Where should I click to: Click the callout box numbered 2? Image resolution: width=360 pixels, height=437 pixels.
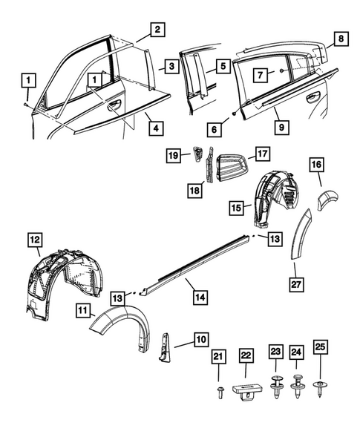click(x=156, y=30)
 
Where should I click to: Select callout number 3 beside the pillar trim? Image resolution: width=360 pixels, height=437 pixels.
click(x=171, y=66)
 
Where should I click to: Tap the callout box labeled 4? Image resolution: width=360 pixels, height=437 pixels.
click(x=156, y=126)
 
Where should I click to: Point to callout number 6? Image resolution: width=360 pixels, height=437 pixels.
click(x=214, y=130)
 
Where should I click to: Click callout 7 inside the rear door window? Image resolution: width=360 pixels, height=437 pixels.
click(x=260, y=75)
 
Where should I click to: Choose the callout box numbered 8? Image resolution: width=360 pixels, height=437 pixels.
click(x=341, y=38)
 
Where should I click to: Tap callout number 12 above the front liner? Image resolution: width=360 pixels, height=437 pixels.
click(x=35, y=240)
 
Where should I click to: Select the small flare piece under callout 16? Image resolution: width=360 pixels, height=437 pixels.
click(x=326, y=199)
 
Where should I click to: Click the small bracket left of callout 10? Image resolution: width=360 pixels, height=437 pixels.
click(x=164, y=345)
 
